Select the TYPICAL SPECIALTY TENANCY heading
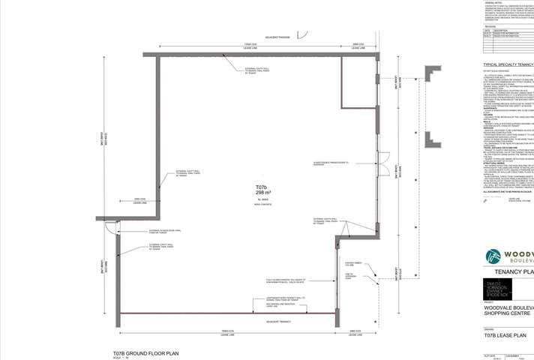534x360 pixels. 508,65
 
